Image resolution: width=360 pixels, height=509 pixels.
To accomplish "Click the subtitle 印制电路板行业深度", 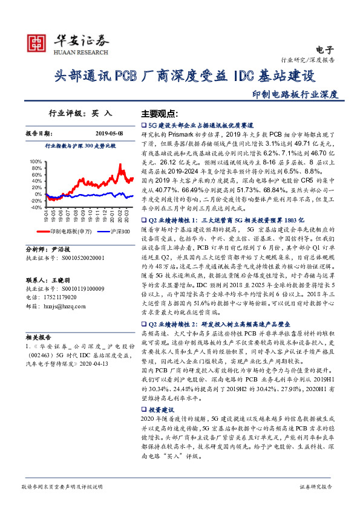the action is [x=295, y=94].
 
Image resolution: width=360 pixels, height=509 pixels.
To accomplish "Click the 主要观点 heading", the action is [x=159, y=114].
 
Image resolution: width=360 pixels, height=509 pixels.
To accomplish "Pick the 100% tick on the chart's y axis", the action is [x=35, y=161].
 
